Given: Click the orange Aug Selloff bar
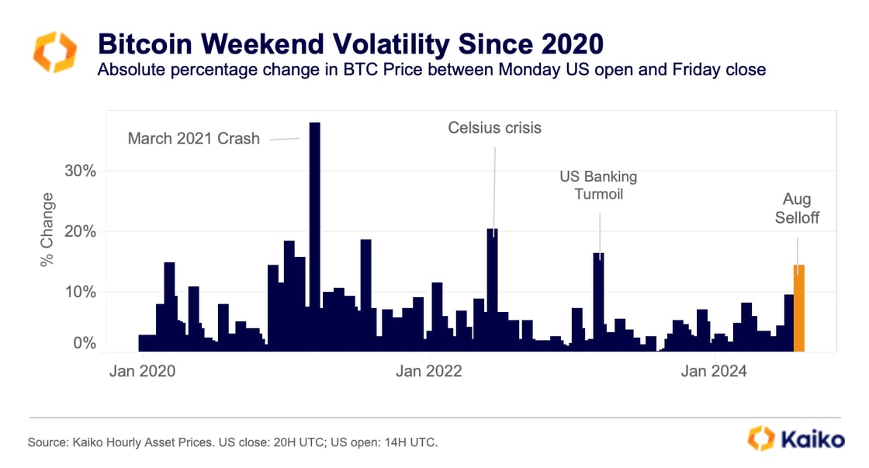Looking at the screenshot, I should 799,309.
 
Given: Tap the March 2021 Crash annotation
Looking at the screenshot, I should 194,140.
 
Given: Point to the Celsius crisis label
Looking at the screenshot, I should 495,127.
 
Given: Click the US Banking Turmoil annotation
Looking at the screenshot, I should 598,185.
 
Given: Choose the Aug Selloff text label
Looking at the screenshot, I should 796,209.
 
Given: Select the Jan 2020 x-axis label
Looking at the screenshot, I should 142,371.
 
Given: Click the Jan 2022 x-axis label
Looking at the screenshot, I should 428,371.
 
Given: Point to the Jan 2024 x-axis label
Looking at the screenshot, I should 714,371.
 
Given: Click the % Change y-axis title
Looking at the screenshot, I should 48,231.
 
